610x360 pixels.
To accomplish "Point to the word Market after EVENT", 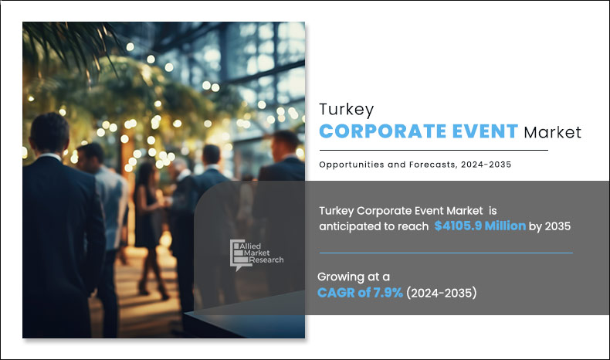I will point(552,131).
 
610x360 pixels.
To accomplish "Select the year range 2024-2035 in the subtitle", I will point(485,164).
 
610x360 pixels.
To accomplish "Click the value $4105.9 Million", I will point(480,226).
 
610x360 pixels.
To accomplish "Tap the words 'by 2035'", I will point(550,226).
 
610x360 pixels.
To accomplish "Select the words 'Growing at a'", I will point(354,276).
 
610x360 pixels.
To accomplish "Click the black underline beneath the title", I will point(433,150).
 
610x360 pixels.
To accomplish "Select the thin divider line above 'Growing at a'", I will point(446,253).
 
